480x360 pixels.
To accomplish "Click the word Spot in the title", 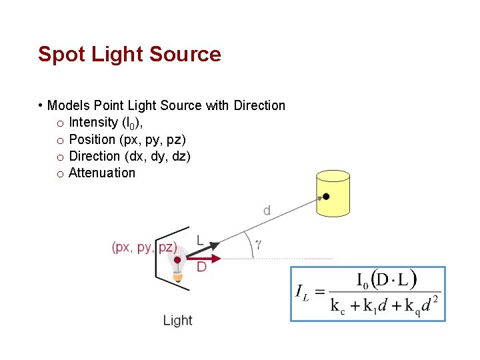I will tap(59, 54).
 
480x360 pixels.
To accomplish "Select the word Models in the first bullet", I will tap(69, 105).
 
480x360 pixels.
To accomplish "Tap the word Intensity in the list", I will tap(93, 123).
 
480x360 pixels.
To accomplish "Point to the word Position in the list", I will tap(92, 139).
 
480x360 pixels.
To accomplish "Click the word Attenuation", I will tap(102, 173).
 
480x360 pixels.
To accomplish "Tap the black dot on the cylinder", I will tap(326, 197).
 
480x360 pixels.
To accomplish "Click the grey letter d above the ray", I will tap(267, 211).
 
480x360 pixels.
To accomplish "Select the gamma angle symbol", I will tap(258, 245).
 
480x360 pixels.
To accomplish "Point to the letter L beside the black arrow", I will tap(201, 240).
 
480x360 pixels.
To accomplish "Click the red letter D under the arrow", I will tap(201, 267).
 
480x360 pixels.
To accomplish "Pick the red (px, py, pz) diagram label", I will tap(145, 247).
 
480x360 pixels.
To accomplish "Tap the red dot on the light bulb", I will tap(177, 259).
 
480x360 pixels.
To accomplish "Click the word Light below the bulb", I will tap(177, 321).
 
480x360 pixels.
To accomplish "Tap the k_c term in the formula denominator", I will tap(338, 306).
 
